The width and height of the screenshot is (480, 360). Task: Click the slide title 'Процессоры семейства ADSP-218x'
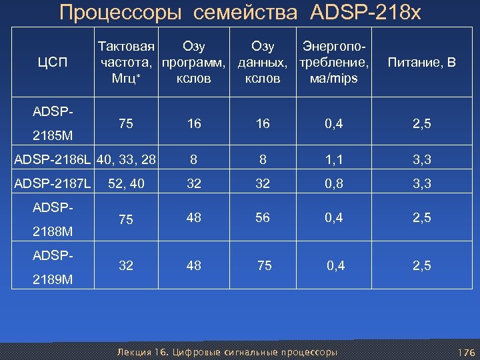pyautogui.click(x=240, y=13)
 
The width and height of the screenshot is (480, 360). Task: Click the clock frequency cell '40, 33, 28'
pyautogui.click(x=127, y=160)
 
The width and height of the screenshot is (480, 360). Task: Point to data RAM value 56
pyautogui.click(x=263, y=217)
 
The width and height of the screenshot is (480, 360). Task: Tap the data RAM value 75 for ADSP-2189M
pyautogui.click(x=265, y=265)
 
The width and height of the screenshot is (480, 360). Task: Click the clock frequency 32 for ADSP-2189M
pyautogui.click(x=125, y=265)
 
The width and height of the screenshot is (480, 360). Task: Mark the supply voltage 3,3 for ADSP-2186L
pyautogui.click(x=421, y=160)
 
